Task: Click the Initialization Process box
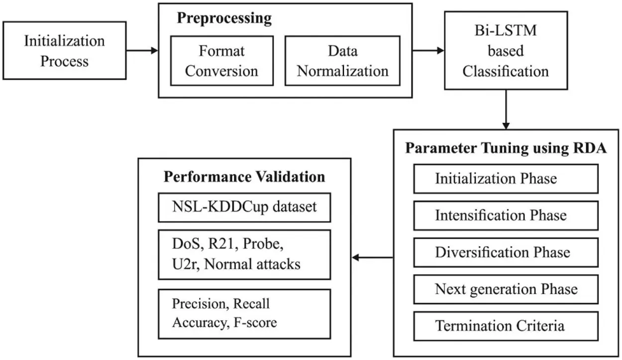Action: (x=64, y=50)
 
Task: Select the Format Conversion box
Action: (x=221, y=60)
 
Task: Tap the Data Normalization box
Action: (x=342, y=60)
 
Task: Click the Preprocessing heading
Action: (x=225, y=18)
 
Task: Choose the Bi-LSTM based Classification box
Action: (x=506, y=51)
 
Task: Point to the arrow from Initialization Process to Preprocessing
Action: (x=142, y=50)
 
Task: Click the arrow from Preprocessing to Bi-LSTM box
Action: (x=428, y=50)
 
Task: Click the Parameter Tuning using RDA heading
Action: (x=506, y=149)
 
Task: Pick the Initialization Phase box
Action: (x=506, y=179)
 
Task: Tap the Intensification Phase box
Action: (x=506, y=216)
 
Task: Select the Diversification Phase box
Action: (x=506, y=252)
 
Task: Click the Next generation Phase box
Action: (x=506, y=289)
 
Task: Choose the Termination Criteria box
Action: (x=506, y=326)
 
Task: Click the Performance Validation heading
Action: (x=244, y=177)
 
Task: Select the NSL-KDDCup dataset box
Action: (x=244, y=207)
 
